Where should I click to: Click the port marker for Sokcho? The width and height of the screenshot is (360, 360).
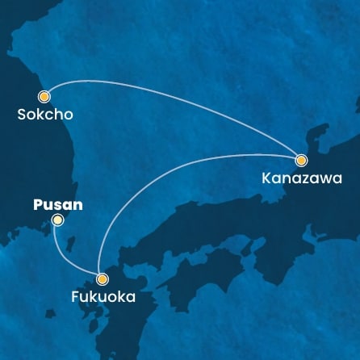coord(45,95)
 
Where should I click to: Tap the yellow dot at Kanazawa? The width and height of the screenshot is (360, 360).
coord(301,160)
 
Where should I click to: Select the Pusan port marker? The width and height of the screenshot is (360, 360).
coord(57,220)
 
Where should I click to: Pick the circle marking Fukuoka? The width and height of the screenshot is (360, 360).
coord(102,280)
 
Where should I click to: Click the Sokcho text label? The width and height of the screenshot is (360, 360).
coord(45,115)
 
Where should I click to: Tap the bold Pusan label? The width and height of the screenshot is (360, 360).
coord(57,204)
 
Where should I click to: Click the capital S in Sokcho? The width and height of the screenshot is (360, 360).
coord(22,115)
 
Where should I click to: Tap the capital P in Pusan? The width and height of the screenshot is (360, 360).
coord(36,204)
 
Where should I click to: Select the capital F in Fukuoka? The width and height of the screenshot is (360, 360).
coord(66,298)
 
